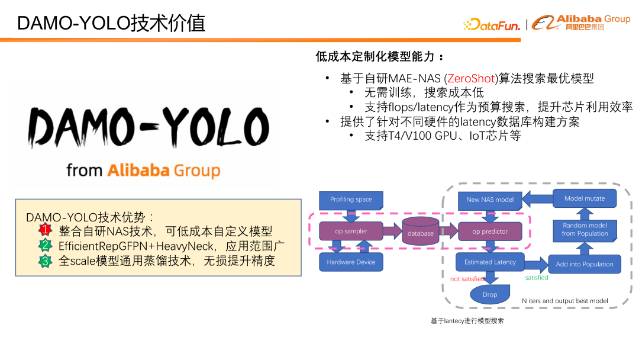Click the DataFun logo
[492, 24]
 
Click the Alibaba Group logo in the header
[581, 22]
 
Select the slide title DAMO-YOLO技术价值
[111, 22]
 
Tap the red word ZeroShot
[471, 78]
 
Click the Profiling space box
[351, 200]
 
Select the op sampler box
[351, 232]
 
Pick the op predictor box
[490, 232]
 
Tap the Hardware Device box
[351, 262]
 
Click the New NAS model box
[490, 200]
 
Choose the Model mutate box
[585, 198]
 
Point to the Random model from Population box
[585, 230]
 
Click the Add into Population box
[585, 264]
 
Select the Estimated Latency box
[490, 262]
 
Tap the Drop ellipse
[490, 294]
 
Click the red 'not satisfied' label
[467, 279]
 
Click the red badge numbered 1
[46, 230]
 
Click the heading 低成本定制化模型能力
[379, 57]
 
